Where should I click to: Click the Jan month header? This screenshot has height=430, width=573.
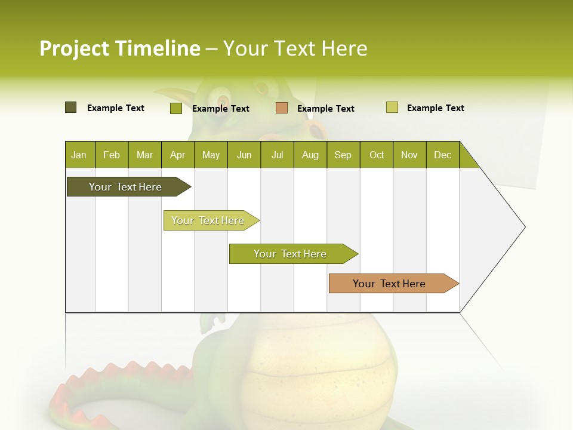pos(79,155)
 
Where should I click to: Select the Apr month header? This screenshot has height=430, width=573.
pos(178,155)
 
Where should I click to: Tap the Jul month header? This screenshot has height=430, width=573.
pos(278,155)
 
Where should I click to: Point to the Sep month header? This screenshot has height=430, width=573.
pos(343,155)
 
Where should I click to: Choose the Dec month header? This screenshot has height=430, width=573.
pos(443,155)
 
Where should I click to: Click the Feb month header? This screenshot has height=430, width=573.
pos(112,155)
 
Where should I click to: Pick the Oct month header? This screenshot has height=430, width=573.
pos(377,155)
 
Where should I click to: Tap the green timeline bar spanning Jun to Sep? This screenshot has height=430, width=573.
pos(291,254)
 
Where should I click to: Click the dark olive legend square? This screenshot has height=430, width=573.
pos(71,107)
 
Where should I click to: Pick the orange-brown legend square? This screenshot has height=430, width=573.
pos(282,108)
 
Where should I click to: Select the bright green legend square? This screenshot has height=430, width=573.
pos(176,108)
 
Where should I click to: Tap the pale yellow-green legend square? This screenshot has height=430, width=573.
pos(392,107)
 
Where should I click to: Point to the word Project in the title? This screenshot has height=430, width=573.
pos(74,48)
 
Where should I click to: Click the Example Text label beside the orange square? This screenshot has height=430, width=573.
pos(326,109)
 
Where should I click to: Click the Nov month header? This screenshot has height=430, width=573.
pos(409,155)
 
